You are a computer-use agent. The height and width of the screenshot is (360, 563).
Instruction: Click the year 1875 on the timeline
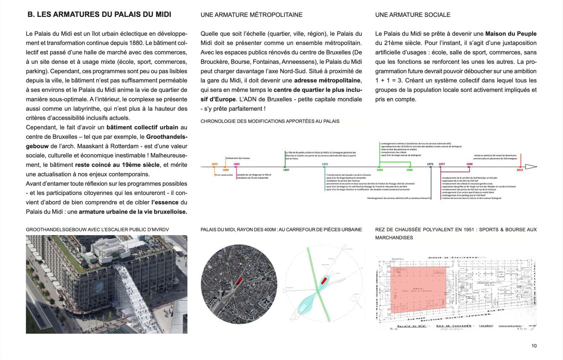214,164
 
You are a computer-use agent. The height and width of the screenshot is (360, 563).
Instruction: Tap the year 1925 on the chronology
325,164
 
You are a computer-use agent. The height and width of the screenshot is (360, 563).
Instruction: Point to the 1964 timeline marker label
409,170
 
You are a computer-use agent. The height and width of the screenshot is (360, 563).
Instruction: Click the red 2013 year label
520,170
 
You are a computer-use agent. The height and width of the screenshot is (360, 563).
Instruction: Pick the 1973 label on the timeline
430,164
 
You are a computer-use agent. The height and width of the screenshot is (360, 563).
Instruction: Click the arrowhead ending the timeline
530,167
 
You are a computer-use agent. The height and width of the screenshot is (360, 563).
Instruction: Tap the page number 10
534,346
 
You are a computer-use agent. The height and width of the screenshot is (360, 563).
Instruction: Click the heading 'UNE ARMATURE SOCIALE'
412,15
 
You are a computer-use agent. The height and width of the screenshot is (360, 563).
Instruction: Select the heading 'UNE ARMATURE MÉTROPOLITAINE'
251,15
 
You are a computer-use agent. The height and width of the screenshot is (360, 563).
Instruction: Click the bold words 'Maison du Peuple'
511,34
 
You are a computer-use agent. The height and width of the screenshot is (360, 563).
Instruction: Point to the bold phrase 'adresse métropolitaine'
327,81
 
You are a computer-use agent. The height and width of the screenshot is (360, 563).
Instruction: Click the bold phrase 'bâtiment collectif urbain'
142,127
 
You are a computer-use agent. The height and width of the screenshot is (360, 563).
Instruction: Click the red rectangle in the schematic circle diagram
324,280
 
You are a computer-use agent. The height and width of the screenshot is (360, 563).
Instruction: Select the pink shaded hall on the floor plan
418,289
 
